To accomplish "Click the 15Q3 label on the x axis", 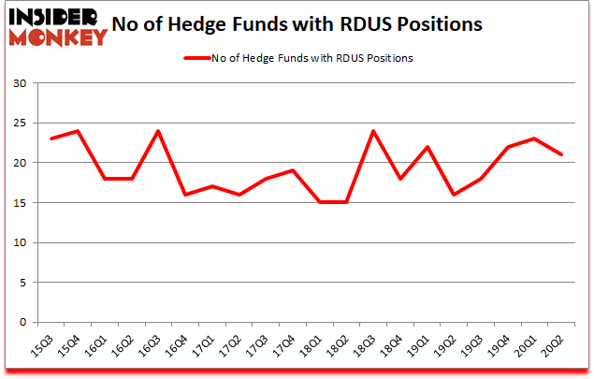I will pyautogui.click(x=45, y=349).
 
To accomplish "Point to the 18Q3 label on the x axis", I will pyautogui.click(x=368, y=349).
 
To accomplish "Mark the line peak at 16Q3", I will pyautogui.click(x=158, y=131).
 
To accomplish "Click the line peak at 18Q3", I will pyautogui.click(x=374, y=131).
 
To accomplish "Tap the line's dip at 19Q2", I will pyautogui.click(x=455, y=195).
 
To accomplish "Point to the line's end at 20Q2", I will pyautogui.click(x=562, y=155).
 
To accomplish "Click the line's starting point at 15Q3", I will pyautogui.click(x=51, y=138).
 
